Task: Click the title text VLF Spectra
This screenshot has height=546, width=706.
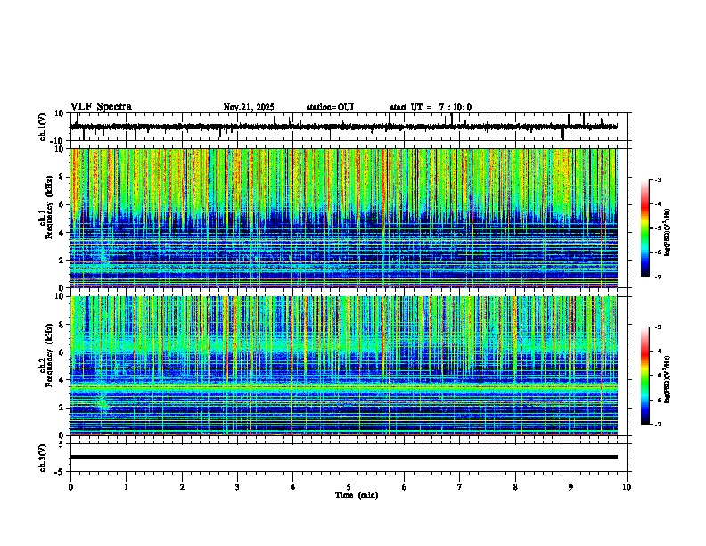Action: click(x=101, y=107)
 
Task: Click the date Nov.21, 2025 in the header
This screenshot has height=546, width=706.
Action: click(x=249, y=107)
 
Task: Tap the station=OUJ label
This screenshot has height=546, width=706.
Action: click(x=330, y=107)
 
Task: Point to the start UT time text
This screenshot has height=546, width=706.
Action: click(x=431, y=107)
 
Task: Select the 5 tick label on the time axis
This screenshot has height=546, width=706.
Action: click(x=349, y=487)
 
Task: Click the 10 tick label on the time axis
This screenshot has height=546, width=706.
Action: click(x=627, y=487)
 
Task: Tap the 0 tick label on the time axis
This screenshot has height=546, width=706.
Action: click(x=70, y=487)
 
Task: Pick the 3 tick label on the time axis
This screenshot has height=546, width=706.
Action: click(x=237, y=487)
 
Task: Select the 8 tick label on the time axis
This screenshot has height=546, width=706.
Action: click(x=515, y=487)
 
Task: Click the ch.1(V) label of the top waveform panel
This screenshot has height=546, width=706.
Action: click(x=43, y=128)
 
